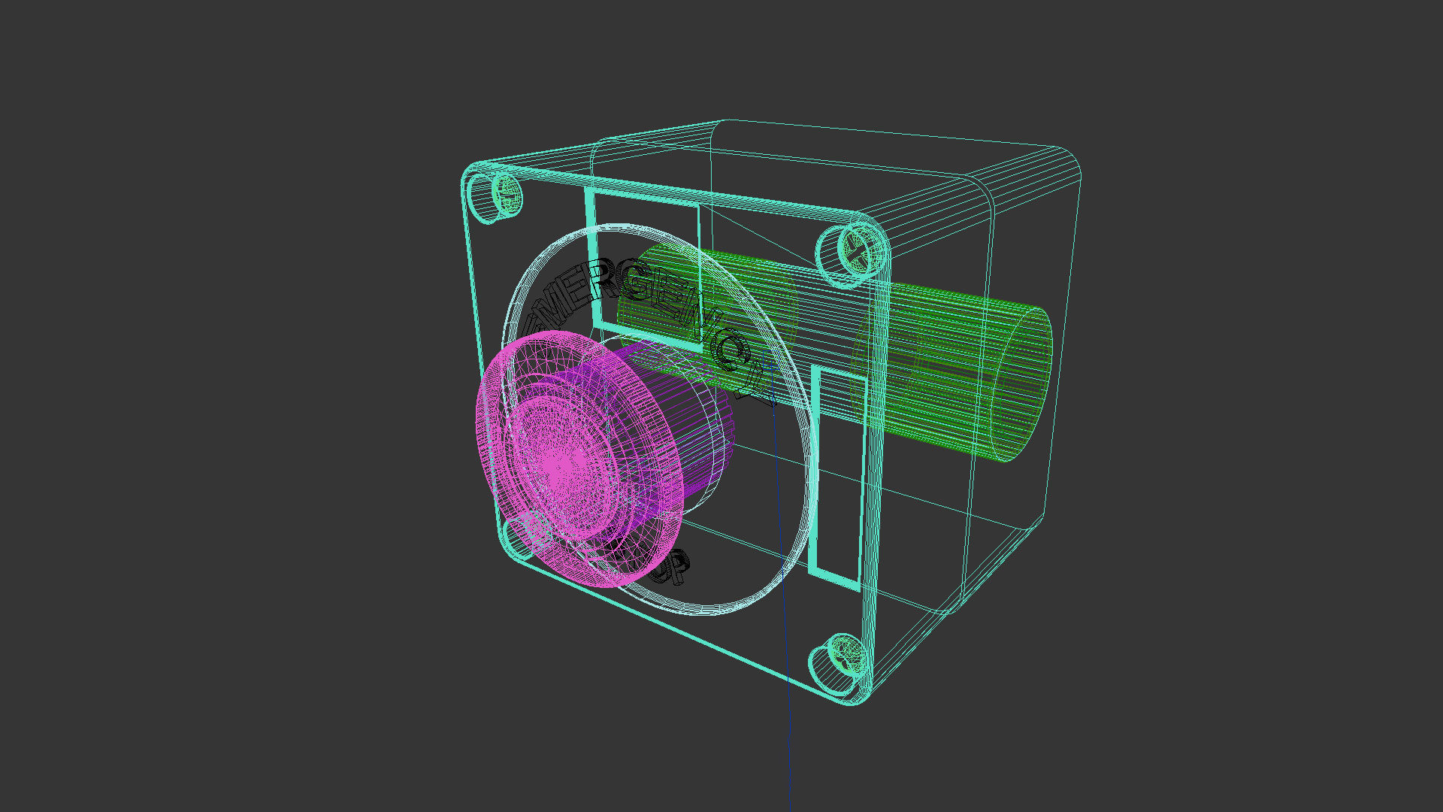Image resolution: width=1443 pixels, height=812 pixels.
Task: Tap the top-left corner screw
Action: pyautogui.click(x=496, y=195)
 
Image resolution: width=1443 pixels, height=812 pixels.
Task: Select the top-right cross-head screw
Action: pyautogui.click(x=853, y=252)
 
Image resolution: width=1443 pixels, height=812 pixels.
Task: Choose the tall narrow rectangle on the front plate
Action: pyautogui.click(x=836, y=474)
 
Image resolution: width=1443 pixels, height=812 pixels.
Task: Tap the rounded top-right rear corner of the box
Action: pyautogui.click(x=1067, y=162)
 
